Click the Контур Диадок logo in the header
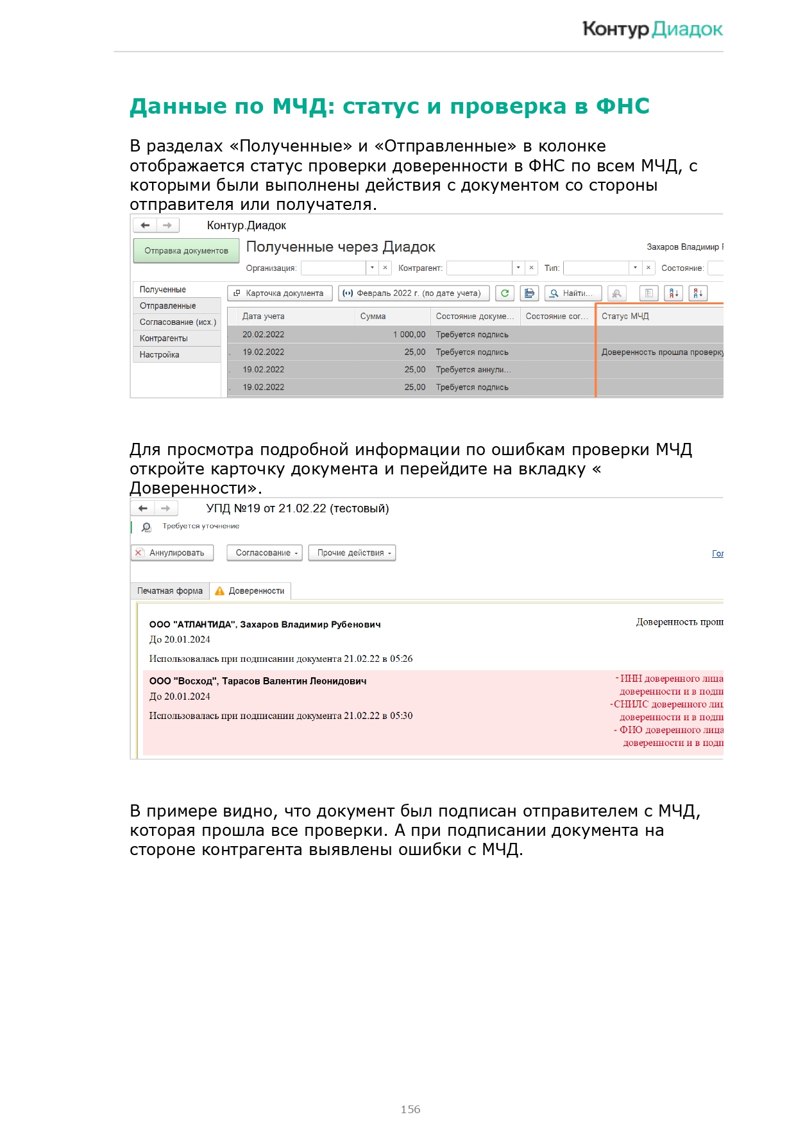(x=652, y=30)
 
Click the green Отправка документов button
(x=186, y=251)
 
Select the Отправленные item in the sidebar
(x=168, y=306)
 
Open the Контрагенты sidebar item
(x=164, y=338)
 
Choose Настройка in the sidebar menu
(x=160, y=355)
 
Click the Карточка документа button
(x=280, y=293)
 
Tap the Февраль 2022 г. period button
(x=414, y=293)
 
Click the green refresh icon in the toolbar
(x=505, y=293)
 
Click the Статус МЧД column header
(x=625, y=316)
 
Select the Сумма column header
(x=373, y=316)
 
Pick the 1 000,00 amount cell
(x=409, y=334)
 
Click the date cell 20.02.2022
(x=264, y=334)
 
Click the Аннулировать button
(x=172, y=553)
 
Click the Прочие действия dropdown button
(x=351, y=553)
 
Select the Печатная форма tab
(x=170, y=591)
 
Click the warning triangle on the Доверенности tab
(x=220, y=591)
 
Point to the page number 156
(x=411, y=1109)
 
